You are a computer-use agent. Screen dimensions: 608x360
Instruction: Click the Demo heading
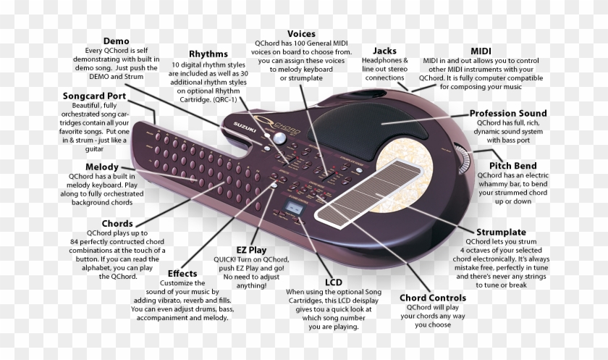click(x=116, y=41)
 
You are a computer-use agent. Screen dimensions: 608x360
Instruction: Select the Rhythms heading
click(x=208, y=54)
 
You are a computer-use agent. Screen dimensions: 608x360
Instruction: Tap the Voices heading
click(x=301, y=34)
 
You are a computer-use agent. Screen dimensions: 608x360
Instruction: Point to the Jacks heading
click(x=384, y=51)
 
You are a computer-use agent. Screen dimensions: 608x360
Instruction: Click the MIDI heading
click(x=481, y=51)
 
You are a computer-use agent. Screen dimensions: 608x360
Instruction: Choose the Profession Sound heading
click(x=508, y=113)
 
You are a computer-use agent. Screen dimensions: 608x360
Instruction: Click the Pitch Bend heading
click(x=512, y=166)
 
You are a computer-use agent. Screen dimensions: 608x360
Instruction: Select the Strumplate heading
click(x=501, y=232)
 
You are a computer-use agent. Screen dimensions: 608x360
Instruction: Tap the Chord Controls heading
click(x=433, y=298)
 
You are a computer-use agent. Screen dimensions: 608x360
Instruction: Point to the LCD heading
click(x=334, y=282)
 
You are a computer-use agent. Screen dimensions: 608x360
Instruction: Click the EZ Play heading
click(x=251, y=250)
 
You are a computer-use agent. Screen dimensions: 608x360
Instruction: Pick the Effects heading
click(x=182, y=274)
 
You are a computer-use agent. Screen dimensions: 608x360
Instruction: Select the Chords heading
click(x=117, y=224)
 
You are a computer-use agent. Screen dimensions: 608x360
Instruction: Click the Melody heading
click(x=102, y=167)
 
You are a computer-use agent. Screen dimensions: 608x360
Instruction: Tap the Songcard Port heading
click(x=94, y=96)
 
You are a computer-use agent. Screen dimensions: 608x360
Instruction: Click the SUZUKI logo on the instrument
click(x=245, y=127)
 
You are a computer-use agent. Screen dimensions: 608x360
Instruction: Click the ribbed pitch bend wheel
click(x=463, y=159)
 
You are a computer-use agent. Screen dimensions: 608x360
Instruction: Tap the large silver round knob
click(x=279, y=138)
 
